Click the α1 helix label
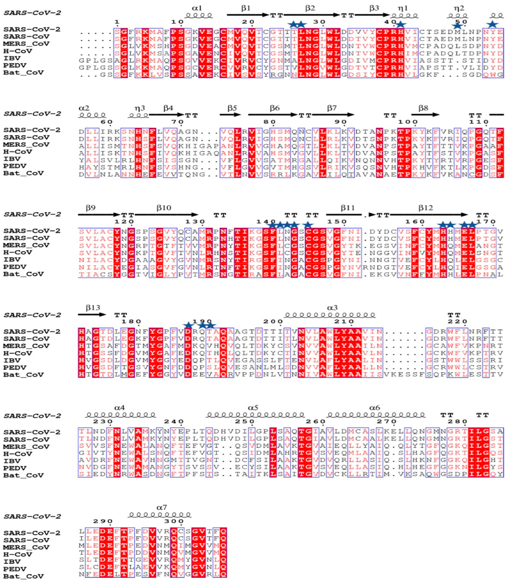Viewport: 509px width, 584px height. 197,8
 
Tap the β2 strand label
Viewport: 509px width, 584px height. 310,8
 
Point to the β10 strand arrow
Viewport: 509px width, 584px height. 166,215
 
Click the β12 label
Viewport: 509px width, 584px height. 425,208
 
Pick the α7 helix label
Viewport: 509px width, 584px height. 162,507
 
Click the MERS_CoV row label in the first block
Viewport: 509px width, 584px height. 26,44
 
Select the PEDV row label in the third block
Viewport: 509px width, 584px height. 15,267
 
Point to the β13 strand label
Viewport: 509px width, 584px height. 93,308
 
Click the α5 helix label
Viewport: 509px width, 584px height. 253,408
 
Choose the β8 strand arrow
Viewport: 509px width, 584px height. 425,115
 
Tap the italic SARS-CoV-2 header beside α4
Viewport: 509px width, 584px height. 32,416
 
